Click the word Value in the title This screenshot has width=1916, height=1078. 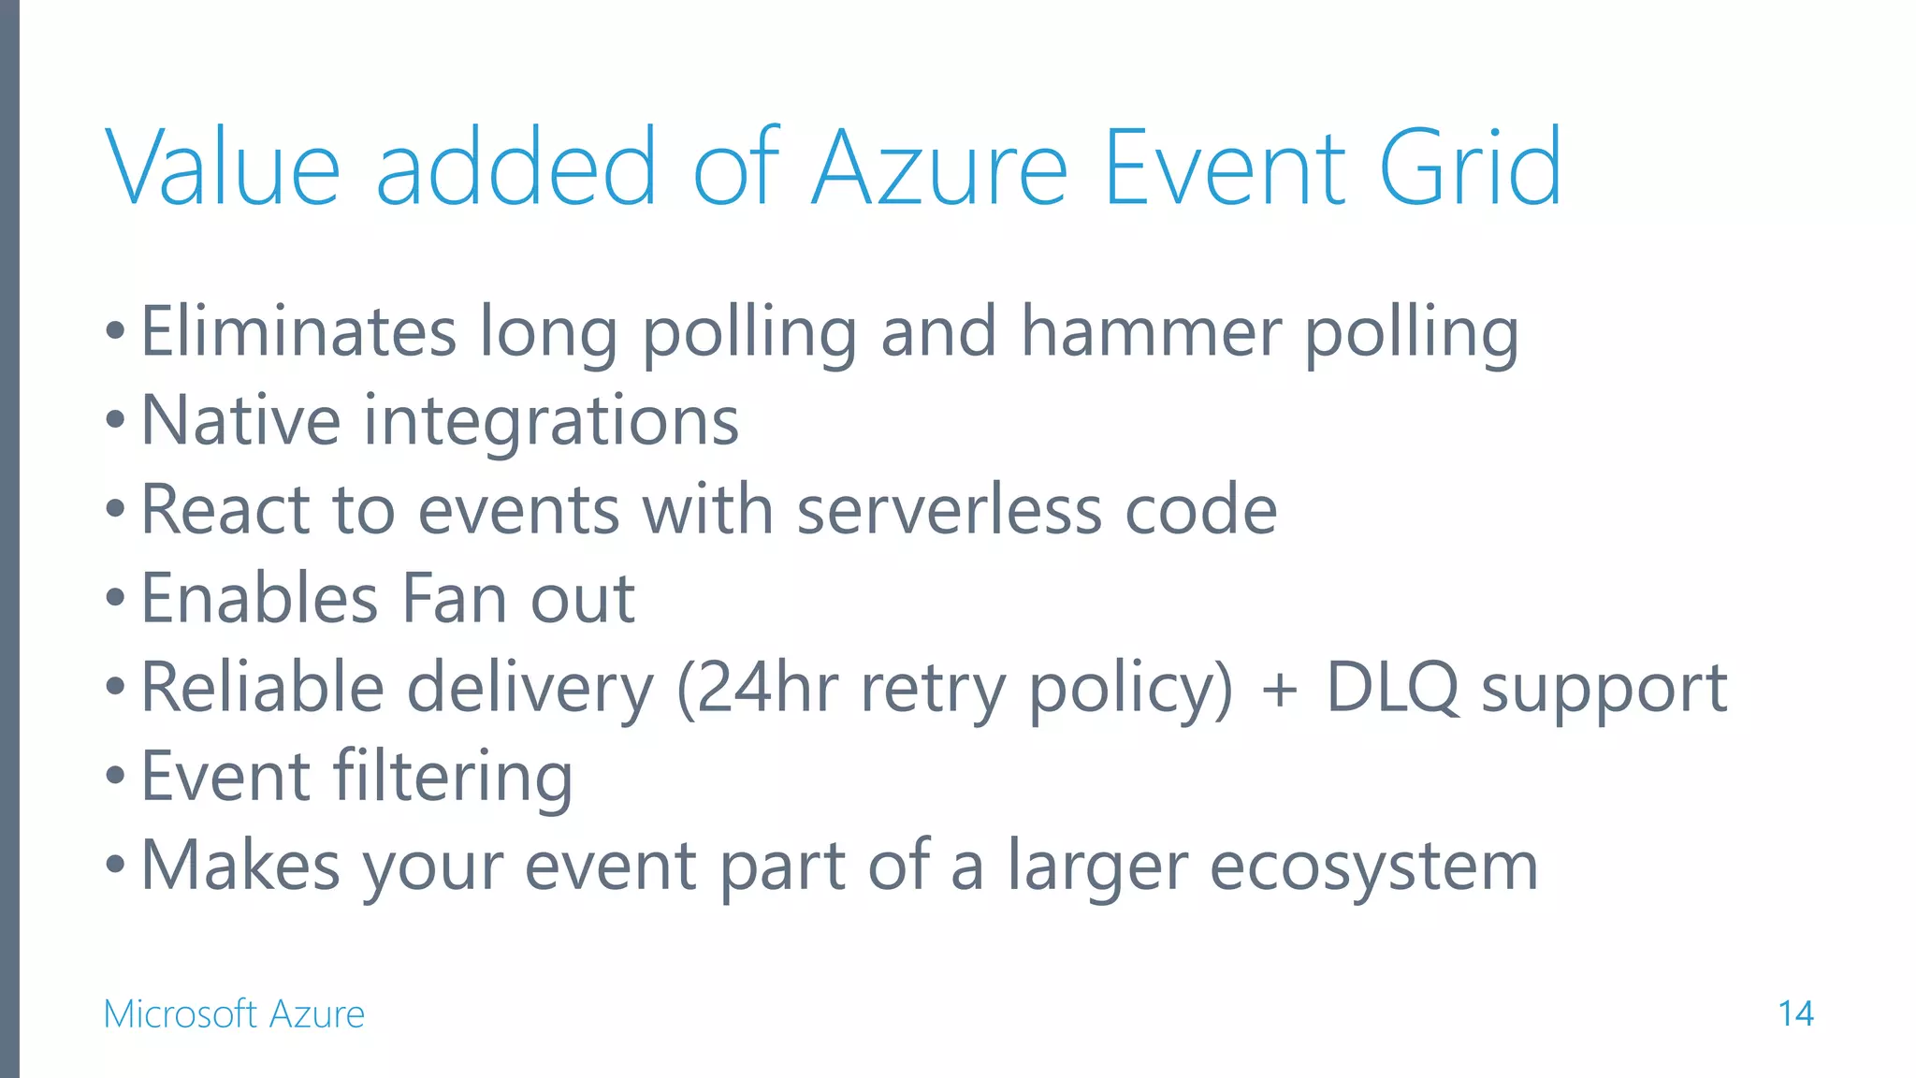pyautogui.click(x=223, y=168)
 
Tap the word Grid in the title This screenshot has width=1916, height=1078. pyautogui.click(x=1470, y=168)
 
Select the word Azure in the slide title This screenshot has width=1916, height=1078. pyautogui.click(x=939, y=168)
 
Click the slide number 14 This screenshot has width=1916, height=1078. pyautogui.click(x=1795, y=1013)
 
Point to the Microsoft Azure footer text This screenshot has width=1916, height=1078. pyautogui.click(x=234, y=1013)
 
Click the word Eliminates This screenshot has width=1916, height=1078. pyautogui.click(x=298, y=331)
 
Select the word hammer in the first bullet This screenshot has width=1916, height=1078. pyautogui.click(x=1151, y=331)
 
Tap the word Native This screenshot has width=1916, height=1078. pyautogui.click(x=240, y=420)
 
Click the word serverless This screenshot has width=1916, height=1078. pyautogui.click(x=949, y=510)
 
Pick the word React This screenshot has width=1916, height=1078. pyautogui.click(x=225, y=510)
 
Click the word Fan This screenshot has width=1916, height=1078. pyautogui.click(x=454, y=599)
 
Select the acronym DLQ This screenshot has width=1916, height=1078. pyautogui.click(x=1392, y=688)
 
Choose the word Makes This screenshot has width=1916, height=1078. pyautogui.click(x=240, y=866)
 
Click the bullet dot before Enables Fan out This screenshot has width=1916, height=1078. pyautogui.click(x=115, y=598)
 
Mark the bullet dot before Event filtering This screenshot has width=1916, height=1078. pyautogui.click(x=115, y=776)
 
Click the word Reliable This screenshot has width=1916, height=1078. pyautogui.click(x=262, y=688)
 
